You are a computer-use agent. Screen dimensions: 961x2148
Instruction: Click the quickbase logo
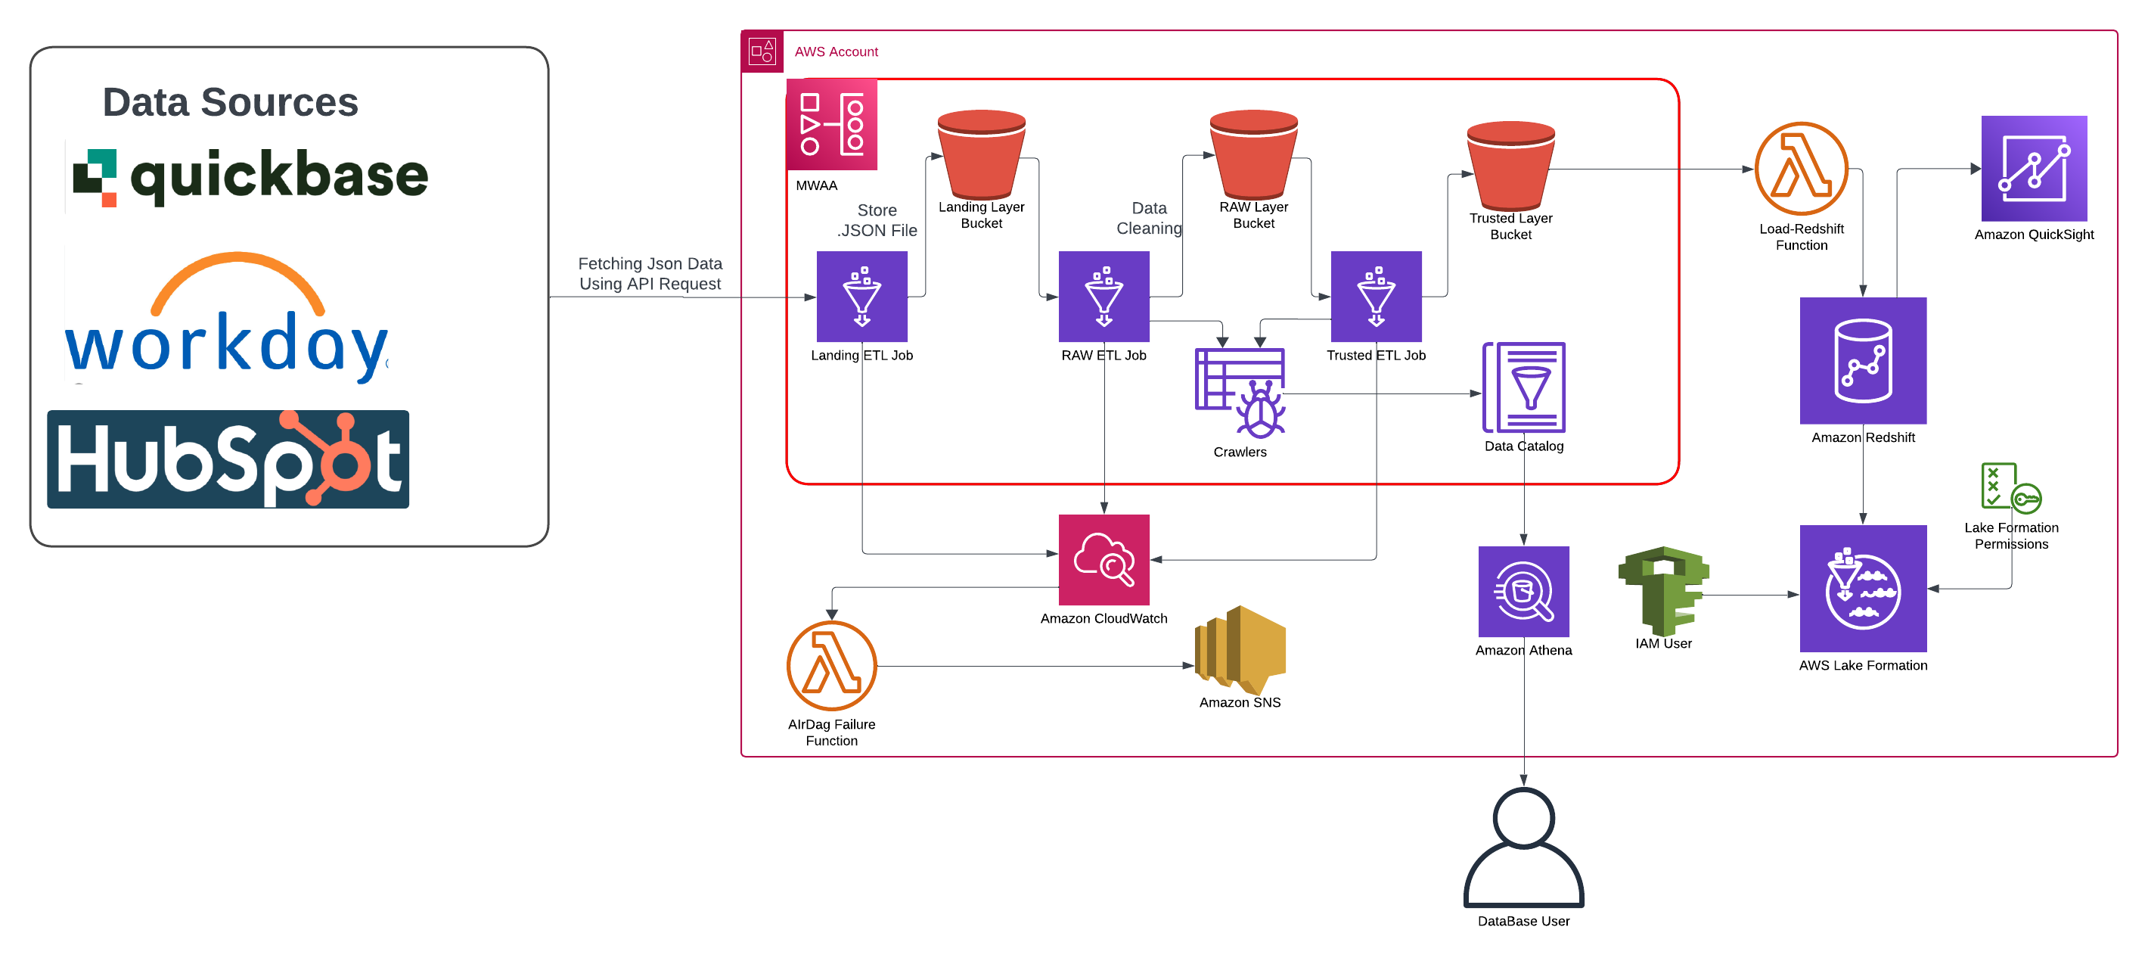coord(250,176)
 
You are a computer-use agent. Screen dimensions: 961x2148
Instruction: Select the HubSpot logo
coord(228,459)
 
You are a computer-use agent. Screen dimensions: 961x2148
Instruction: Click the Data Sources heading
coord(230,103)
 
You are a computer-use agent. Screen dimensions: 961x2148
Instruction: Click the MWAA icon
coord(831,124)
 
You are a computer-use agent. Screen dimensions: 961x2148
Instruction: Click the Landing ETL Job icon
coord(861,296)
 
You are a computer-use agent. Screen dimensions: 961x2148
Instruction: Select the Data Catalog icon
coord(1523,387)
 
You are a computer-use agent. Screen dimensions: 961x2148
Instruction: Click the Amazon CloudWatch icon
coord(1103,559)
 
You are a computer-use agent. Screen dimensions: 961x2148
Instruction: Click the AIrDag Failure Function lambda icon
coord(831,666)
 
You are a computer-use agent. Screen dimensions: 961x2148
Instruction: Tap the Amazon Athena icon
coord(1523,592)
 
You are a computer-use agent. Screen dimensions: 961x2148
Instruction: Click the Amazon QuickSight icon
coord(2034,169)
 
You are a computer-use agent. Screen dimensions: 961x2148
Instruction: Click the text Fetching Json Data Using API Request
coord(650,274)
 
